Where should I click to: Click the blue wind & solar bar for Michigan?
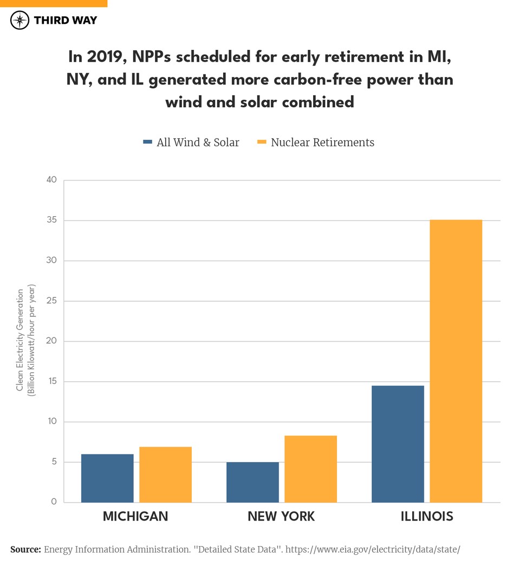point(107,478)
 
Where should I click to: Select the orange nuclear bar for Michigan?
point(165,475)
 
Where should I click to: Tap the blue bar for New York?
point(252,482)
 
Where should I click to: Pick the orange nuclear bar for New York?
point(310,469)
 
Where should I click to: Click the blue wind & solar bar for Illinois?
point(398,444)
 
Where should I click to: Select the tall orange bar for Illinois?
point(456,361)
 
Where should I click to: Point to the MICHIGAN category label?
point(135,516)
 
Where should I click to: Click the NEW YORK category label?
point(281,516)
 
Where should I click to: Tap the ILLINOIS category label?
point(427,516)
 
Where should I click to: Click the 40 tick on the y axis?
point(51,180)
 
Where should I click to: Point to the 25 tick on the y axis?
point(51,301)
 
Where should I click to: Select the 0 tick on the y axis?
point(54,502)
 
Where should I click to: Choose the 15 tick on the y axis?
point(51,382)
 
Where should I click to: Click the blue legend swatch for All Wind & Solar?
point(147,142)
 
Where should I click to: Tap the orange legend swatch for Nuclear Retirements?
point(262,142)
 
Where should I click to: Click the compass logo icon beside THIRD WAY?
point(20,21)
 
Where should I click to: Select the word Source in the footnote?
point(25,550)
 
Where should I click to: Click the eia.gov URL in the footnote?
point(372,550)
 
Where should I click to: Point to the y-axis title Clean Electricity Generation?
point(21,340)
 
